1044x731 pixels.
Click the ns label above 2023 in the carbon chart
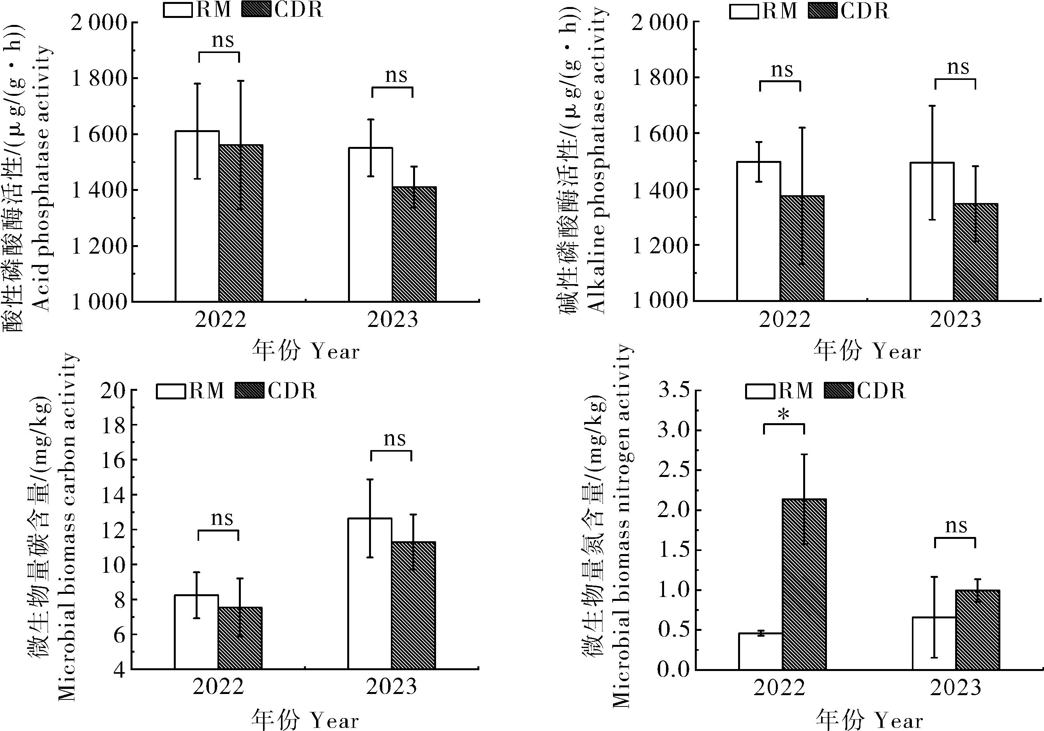[394, 439]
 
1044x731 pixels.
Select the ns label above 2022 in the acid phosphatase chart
[223, 41]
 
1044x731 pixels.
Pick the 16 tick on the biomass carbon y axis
[112, 460]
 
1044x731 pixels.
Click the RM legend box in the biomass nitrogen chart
[760, 391]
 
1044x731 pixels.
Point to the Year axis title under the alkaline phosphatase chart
[867, 351]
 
